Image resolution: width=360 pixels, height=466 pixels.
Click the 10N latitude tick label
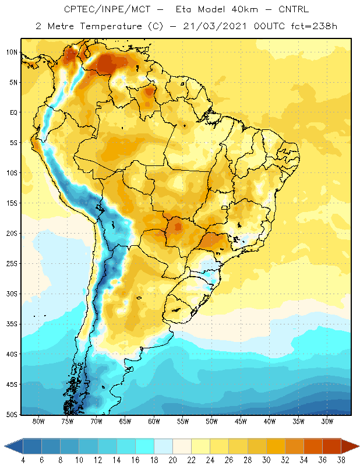click(12, 52)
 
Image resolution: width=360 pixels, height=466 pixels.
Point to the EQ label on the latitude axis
click(14, 112)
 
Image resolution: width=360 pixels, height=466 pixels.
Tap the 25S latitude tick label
click(12, 264)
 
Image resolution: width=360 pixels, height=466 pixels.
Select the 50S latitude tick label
click(12, 414)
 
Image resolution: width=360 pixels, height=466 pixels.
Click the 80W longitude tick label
click(38, 421)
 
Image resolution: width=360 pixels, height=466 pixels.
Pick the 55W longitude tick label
click(183, 421)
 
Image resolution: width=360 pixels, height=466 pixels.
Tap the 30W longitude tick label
click(327, 421)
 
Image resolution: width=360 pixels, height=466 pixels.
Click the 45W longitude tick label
click(241, 421)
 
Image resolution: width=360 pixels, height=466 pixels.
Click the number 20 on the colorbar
click(172, 460)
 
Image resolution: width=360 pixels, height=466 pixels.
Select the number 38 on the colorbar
click(341, 460)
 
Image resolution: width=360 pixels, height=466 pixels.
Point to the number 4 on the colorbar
click(23, 460)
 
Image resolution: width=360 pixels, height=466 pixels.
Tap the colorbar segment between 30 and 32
click(276, 446)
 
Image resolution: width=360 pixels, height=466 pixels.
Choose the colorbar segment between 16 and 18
click(145, 446)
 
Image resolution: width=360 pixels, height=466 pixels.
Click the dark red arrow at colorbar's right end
click(350, 446)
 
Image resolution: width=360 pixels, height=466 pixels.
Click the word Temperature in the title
click(111, 26)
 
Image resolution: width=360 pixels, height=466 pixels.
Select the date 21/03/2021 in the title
click(215, 26)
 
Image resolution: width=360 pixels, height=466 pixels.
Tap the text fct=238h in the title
click(314, 26)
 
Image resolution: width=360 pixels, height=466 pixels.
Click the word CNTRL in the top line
click(294, 9)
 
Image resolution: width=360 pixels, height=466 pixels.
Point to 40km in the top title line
click(244, 9)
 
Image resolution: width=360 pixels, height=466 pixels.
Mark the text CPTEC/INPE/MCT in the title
click(107, 9)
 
